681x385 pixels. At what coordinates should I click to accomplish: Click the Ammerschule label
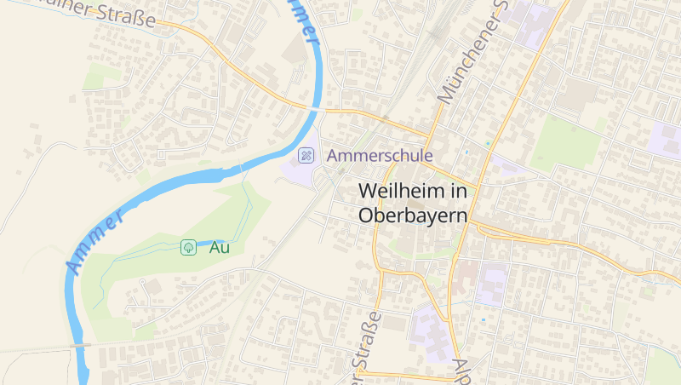pos(380,156)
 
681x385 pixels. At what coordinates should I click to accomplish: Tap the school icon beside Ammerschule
pos(305,156)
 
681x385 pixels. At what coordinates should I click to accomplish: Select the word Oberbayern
pos(414,215)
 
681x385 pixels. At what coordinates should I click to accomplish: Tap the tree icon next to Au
pos(188,248)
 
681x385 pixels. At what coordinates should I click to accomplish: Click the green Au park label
pos(220,248)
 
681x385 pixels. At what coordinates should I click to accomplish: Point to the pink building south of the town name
pos(464,277)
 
